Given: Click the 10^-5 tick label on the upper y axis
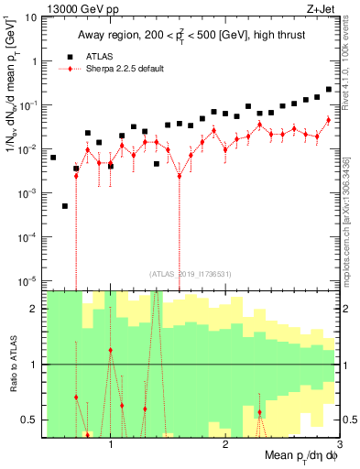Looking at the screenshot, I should [x=27, y=280].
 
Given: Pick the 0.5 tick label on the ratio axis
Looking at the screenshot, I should [x=27, y=420].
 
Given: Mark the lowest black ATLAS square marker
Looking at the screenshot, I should [x=65, y=206].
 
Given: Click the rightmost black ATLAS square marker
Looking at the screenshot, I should [x=328, y=90].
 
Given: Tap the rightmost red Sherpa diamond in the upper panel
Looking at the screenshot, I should [x=328, y=120].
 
